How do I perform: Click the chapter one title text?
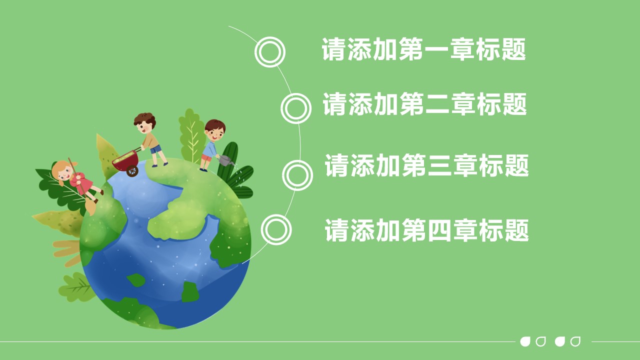pyautogui.click(x=423, y=49)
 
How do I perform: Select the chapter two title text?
pyautogui.click(x=425, y=104)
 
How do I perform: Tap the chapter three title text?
pyautogui.click(x=427, y=165)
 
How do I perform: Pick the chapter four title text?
pyautogui.click(x=427, y=230)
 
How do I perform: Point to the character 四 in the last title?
pyautogui.click(x=439, y=230)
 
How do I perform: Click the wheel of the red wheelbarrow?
pyautogui.click(x=132, y=170)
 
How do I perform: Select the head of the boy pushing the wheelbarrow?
pyautogui.click(x=145, y=123)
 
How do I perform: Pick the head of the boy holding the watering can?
pyautogui.click(x=215, y=130)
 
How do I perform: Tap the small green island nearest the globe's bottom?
pyautogui.click(x=190, y=291)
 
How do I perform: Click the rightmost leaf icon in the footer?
pyautogui.click(x=575, y=341)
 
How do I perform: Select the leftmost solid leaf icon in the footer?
pyautogui.click(x=525, y=341)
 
